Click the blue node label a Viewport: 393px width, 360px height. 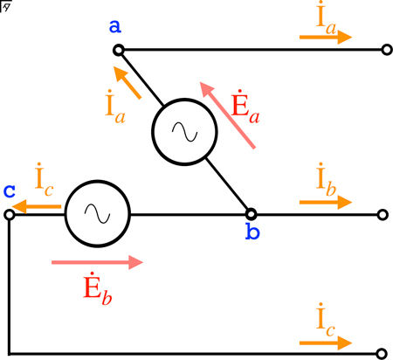pos(115,26)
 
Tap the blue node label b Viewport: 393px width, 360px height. pos(252,232)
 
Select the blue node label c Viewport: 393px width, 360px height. pos(10,191)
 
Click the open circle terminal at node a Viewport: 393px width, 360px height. pos(119,51)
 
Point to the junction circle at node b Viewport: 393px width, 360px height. pos(251,214)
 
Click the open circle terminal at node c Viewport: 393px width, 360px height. pos(10,215)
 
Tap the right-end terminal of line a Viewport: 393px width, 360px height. pos(387,50)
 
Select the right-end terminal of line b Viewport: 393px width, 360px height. pos(383,215)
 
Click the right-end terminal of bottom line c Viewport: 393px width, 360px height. pos(382,354)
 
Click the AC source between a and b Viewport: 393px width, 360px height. pos(184,132)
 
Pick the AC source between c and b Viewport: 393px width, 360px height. pos(98,214)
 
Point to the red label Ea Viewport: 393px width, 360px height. pos(245,107)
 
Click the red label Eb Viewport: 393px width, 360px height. pos(98,289)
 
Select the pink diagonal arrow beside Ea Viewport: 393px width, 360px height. pos(227,115)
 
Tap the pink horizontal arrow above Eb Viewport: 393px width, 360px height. pos(97,262)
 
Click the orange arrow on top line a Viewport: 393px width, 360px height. pos(326,37)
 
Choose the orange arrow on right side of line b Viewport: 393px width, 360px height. pos(326,202)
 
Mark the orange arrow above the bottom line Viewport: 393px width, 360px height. pos(326,343)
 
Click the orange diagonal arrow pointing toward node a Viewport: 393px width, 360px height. pos(128,83)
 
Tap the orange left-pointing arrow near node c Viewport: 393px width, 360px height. pos(37,207)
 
